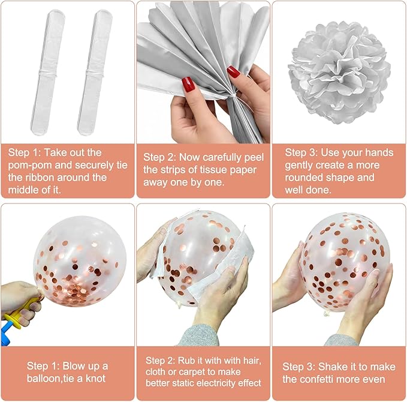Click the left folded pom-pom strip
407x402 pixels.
pos(47,72)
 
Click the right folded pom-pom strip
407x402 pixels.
pos(95,72)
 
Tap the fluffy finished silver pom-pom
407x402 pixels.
pos(339,72)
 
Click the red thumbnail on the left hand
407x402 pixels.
pos(188,85)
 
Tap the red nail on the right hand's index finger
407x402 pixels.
pos(233,72)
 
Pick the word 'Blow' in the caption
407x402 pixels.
pos(73,366)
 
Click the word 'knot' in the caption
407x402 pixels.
pos(95,379)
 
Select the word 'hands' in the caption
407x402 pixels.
pos(379,153)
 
